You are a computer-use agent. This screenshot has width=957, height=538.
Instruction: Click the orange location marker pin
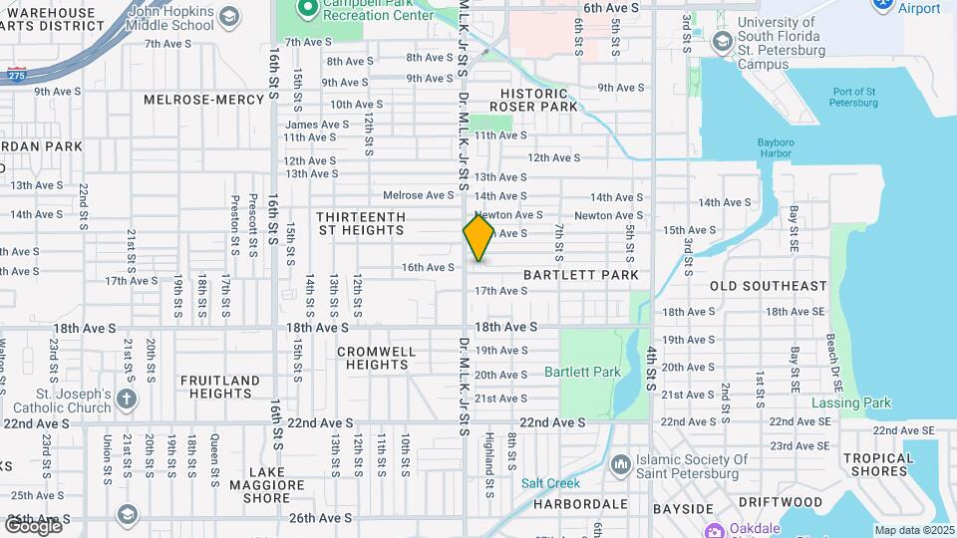(x=478, y=237)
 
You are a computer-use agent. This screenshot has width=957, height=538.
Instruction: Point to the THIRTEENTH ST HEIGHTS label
(x=360, y=223)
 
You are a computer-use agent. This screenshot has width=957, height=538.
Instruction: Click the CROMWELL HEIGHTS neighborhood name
(x=376, y=358)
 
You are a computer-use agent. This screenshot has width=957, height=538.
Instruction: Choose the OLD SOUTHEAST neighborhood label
(x=768, y=286)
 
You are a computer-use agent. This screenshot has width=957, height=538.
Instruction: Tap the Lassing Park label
(x=850, y=403)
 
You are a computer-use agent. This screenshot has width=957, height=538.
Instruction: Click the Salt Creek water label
(x=550, y=483)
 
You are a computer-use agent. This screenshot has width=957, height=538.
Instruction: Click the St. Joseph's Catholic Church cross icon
(x=127, y=400)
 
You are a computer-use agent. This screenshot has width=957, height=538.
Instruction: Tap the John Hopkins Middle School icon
(x=230, y=17)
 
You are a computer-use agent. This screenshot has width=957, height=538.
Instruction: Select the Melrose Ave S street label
(x=419, y=195)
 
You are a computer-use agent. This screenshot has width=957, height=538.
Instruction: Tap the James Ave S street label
(x=317, y=125)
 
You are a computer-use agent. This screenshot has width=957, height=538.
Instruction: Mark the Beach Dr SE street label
(x=829, y=357)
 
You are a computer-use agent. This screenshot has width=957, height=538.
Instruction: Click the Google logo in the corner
(x=33, y=525)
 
